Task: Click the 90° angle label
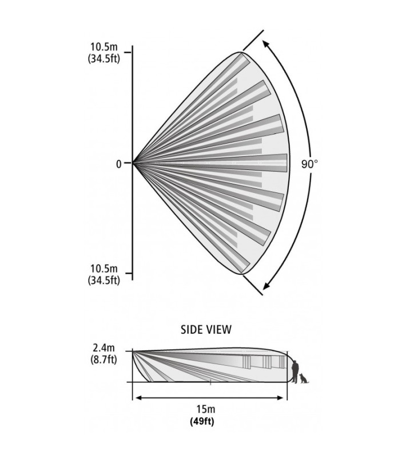[309, 164]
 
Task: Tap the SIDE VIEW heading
[206, 330]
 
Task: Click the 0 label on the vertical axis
[118, 164]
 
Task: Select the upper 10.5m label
[104, 46]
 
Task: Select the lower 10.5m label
[104, 268]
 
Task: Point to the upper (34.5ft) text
[104, 59]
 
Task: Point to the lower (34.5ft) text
[104, 281]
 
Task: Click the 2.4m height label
[104, 348]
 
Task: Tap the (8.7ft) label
[104, 360]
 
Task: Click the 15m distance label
[206, 409]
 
